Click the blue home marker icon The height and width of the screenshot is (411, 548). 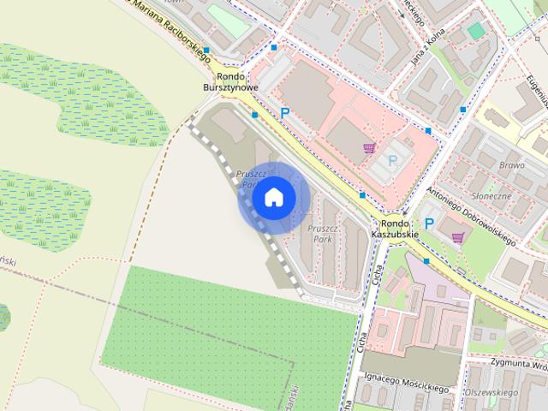[273, 198]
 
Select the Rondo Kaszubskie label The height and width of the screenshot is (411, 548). [395, 228]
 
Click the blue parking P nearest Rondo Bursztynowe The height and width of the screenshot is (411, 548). [284, 112]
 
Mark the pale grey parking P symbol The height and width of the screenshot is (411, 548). [393, 159]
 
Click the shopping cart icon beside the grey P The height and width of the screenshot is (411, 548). [369, 148]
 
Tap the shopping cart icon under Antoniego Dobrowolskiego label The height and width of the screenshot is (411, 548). [458, 237]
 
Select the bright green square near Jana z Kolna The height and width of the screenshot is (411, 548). [475, 30]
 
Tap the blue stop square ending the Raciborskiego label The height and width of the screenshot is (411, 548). [206, 51]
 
